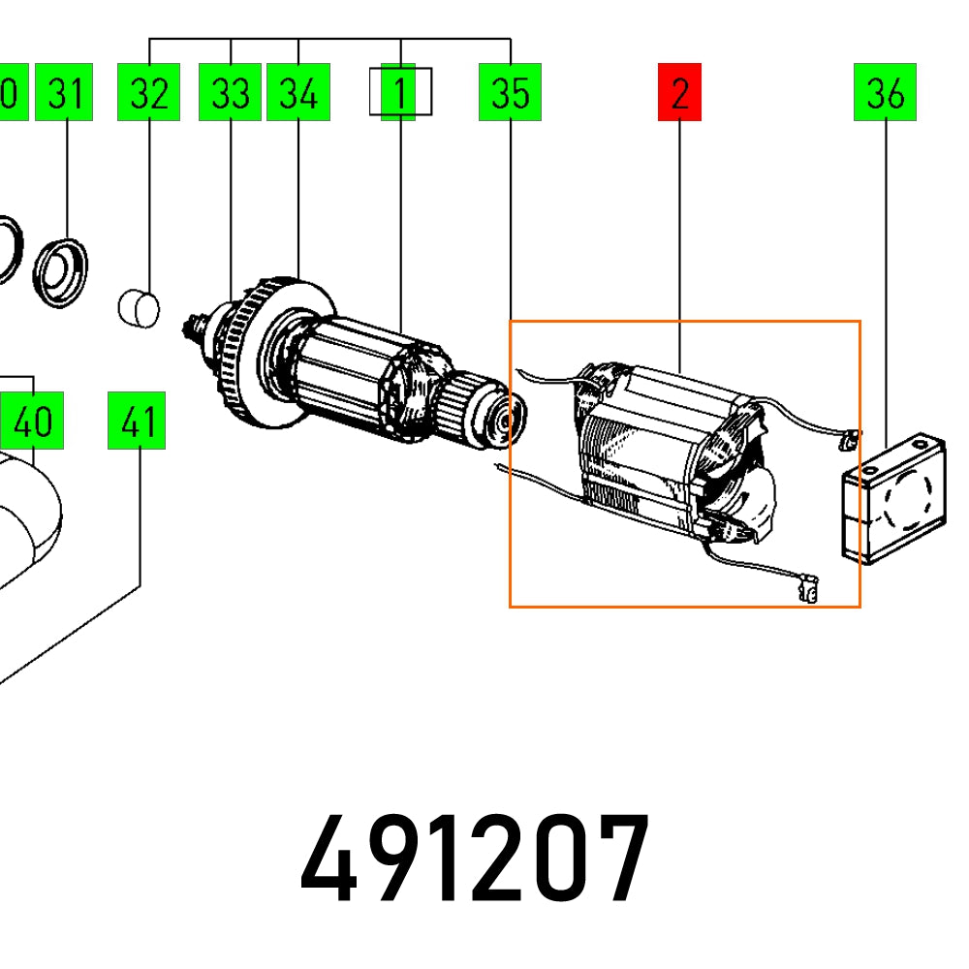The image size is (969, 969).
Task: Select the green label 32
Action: point(148,93)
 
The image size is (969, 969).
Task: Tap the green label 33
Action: point(230,93)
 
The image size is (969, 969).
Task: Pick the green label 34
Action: point(297,93)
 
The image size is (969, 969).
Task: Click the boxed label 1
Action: point(399,93)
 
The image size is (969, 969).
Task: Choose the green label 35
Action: point(510,93)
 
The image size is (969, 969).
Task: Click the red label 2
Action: point(679,93)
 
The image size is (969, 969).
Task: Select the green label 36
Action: point(885,93)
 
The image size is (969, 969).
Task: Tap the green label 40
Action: point(33,422)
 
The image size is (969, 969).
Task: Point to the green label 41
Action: point(139,422)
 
